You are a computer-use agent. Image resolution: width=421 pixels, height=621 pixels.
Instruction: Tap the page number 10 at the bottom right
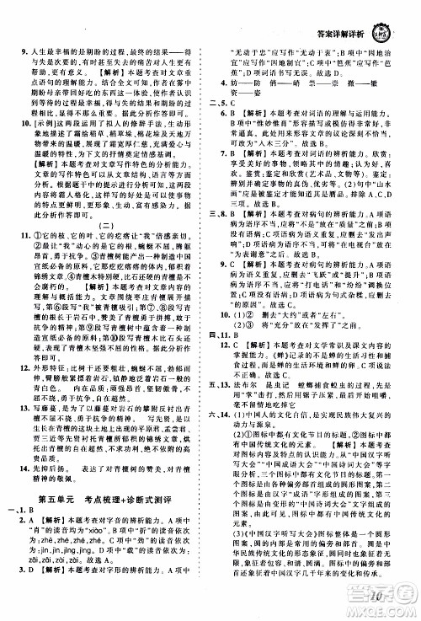[375, 600]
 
